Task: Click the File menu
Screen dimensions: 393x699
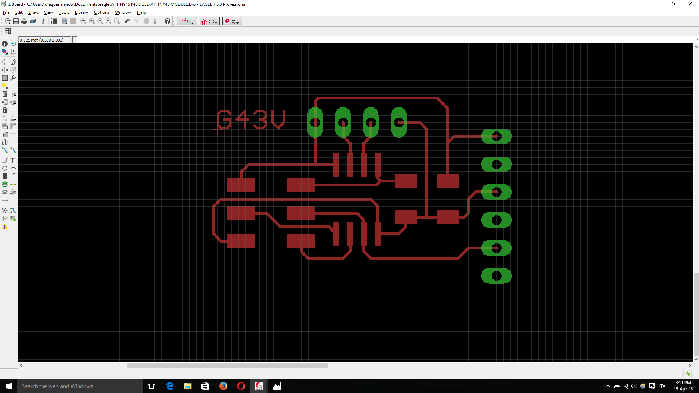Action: tap(6, 12)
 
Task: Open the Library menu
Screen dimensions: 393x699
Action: tap(81, 12)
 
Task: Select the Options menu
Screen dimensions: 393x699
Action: tap(101, 12)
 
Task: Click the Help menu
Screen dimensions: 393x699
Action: tap(141, 12)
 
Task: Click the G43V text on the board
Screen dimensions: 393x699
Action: tap(251, 119)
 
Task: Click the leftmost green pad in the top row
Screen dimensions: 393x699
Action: tap(315, 122)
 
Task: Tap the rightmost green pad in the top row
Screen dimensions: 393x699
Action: tap(399, 122)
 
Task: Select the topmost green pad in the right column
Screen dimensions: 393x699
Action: tap(496, 137)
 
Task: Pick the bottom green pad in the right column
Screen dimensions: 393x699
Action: tap(496, 276)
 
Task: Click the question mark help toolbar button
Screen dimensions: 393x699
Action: tap(167, 21)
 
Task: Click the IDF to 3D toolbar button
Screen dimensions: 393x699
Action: tap(232, 21)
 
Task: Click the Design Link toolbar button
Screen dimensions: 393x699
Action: tap(187, 21)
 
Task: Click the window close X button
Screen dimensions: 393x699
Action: tap(690, 4)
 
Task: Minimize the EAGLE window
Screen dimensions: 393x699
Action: tap(657, 4)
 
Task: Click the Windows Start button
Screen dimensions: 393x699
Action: tap(9, 386)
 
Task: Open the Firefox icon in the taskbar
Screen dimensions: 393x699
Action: tap(223, 386)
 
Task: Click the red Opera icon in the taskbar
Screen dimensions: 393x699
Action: tap(241, 386)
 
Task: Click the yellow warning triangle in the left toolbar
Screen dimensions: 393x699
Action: tap(5, 227)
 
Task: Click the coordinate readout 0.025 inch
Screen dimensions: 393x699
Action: tap(42, 40)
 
